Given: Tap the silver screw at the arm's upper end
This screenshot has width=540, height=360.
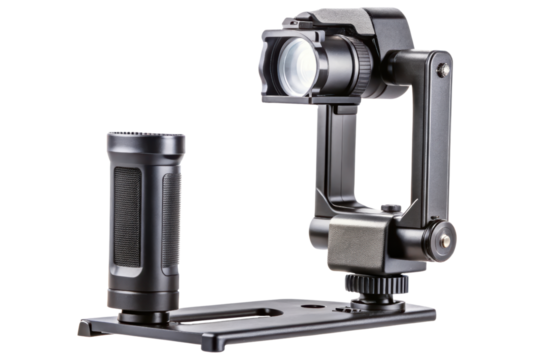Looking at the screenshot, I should point(442,71).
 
